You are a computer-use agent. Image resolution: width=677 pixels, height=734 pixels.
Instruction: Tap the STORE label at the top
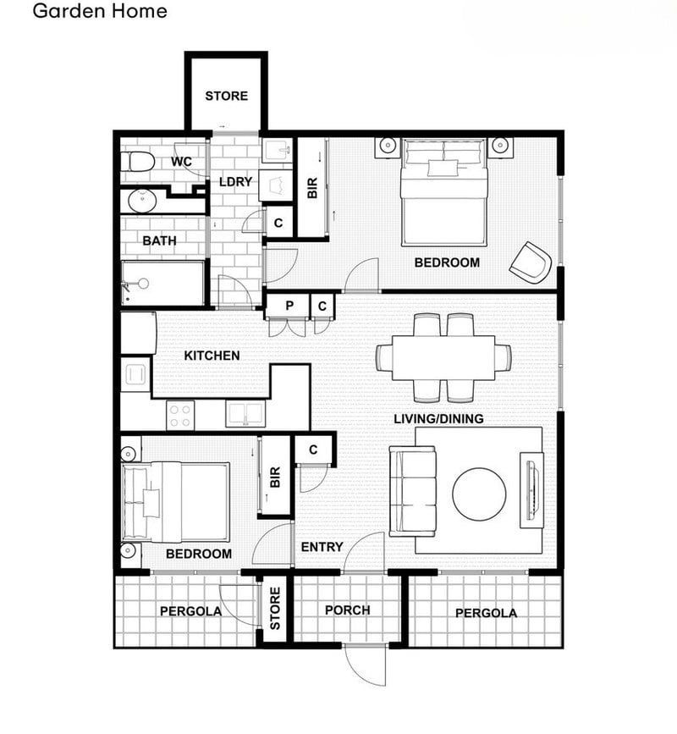pyautogui.click(x=227, y=96)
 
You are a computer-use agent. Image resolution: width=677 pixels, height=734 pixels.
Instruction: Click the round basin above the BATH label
pyautogui.click(x=139, y=201)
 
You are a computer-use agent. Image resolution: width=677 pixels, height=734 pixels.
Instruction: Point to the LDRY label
pyautogui.click(x=235, y=182)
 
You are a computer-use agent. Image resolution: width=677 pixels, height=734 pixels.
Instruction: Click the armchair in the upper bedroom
pyautogui.click(x=531, y=262)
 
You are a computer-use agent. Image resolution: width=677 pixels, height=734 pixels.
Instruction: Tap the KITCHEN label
pyautogui.click(x=212, y=356)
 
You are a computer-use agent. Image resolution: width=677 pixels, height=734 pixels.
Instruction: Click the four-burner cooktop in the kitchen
pyautogui.click(x=180, y=414)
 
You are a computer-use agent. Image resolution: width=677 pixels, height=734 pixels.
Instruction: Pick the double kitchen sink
pyautogui.click(x=245, y=414)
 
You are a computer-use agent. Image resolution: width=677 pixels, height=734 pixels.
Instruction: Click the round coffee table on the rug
pyautogui.click(x=479, y=494)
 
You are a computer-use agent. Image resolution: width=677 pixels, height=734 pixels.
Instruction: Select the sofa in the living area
pyautogui.click(x=412, y=491)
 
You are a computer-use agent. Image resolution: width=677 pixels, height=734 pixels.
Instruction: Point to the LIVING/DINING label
pyautogui.click(x=438, y=419)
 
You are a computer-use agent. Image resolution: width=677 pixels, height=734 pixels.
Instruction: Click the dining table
pyautogui.click(x=436, y=356)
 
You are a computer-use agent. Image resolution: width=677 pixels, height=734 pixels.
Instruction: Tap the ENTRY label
pyautogui.click(x=322, y=547)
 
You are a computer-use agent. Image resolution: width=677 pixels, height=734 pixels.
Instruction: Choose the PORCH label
pyautogui.click(x=347, y=610)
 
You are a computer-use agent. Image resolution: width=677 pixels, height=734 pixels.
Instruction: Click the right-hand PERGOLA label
pyautogui.click(x=486, y=613)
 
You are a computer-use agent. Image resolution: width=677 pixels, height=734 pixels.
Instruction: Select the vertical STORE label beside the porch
pyautogui.click(x=275, y=610)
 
